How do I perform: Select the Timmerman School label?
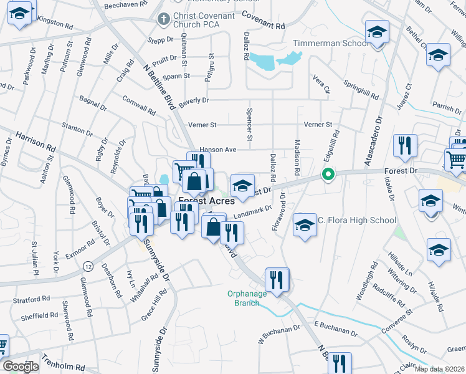coord(321,44)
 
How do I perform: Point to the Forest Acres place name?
coord(206,201)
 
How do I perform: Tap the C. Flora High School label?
coord(357,220)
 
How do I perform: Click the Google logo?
coord(20,366)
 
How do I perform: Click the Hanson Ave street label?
coord(218,150)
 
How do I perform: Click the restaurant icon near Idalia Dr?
coord(405,146)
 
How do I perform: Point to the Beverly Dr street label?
coord(194,100)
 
